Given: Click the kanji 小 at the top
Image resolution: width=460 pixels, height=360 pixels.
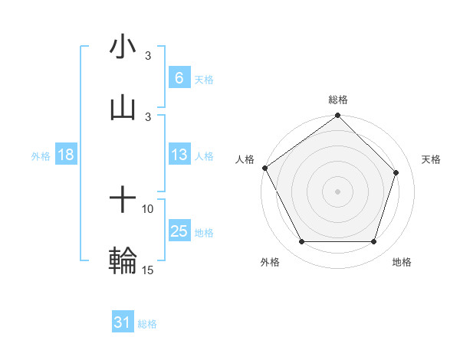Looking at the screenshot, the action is [x=123, y=47].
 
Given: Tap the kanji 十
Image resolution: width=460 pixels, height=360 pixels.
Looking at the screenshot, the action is [x=123, y=201].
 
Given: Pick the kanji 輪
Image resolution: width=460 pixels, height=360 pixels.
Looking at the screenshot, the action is [x=123, y=260].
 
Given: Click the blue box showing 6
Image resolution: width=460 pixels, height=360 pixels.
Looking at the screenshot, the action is [x=179, y=77].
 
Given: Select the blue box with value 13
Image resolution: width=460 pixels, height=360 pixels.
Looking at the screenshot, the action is [x=179, y=155].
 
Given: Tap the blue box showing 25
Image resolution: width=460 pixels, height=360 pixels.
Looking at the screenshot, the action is [x=179, y=231].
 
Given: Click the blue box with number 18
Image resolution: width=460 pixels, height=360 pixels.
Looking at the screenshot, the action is [x=66, y=155].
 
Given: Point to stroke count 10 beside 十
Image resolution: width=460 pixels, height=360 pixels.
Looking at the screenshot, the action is [x=148, y=208].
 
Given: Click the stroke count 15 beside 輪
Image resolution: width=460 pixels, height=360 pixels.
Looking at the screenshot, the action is [x=148, y=270].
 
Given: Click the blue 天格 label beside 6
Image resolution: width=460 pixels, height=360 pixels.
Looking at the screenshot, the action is [x=204, y=79].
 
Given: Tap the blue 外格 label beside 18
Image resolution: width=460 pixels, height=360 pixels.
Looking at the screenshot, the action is [x=41, y=155].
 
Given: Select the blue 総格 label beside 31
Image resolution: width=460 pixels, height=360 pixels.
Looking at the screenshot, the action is [x=147, y=324].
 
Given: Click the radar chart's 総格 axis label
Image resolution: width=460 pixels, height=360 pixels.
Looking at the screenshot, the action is [x=338, y=100].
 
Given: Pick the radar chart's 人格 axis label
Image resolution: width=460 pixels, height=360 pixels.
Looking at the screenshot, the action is [x=245, y=159].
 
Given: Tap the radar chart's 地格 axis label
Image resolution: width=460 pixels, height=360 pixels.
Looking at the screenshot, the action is [x=402, y=262].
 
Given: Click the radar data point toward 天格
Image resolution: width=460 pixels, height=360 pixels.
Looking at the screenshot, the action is [x=396, y=172].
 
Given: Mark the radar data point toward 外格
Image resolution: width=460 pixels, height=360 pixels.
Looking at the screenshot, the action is [x=301, y=242].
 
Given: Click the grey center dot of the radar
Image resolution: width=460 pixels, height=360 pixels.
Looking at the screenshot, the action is [x=337, y=191].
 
